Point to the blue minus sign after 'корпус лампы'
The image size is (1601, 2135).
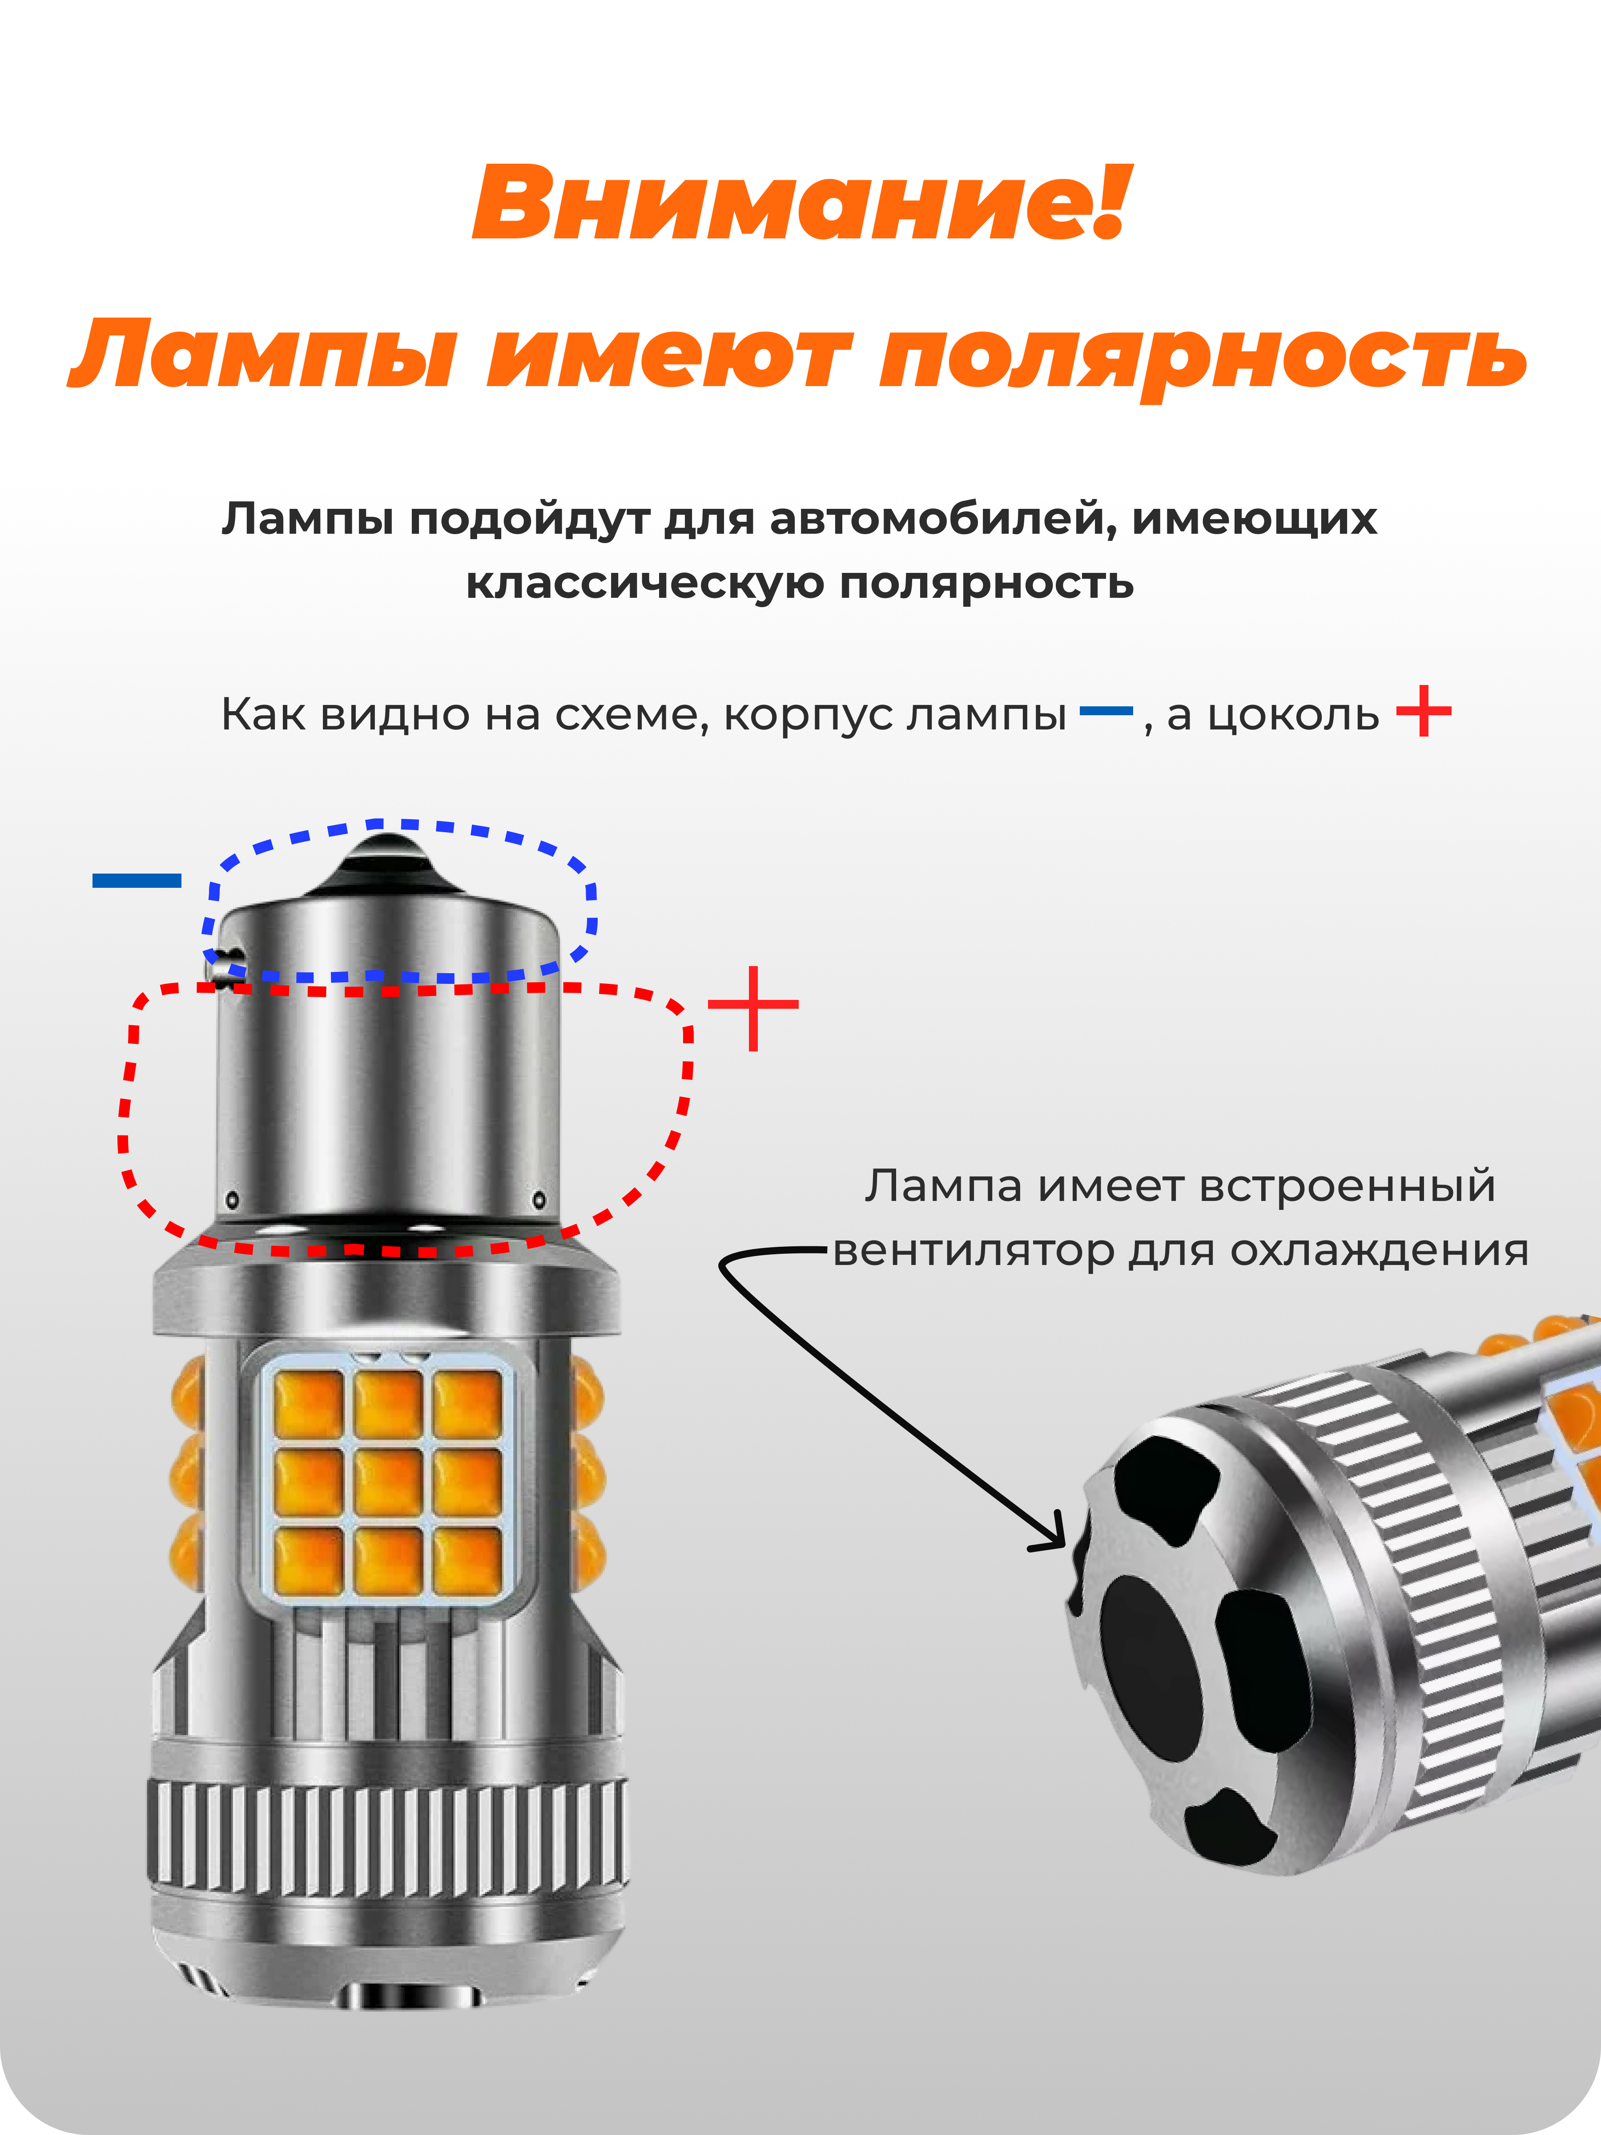1106,711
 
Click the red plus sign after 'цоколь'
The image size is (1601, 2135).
1424,711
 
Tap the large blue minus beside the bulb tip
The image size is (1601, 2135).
137,879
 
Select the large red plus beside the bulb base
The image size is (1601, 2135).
753,1007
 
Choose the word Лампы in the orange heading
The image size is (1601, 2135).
262,355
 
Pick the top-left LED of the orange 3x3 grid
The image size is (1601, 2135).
309,1402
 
